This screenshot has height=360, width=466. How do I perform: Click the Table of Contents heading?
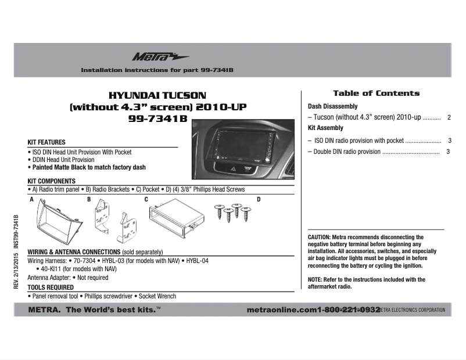376,93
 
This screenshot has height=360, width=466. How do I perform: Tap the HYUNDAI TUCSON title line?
157,95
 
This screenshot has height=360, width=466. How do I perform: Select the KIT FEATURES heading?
46,142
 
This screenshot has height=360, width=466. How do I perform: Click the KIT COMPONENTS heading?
52,181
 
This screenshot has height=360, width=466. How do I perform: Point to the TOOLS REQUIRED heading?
51,287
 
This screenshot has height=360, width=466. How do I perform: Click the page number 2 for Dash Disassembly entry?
449,117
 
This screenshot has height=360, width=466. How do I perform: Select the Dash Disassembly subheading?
332,107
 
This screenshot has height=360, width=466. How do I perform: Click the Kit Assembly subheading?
325,128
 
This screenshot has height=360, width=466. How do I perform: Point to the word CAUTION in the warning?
319,237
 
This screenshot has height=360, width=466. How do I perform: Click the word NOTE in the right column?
316,279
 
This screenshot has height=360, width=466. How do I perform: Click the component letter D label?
259,200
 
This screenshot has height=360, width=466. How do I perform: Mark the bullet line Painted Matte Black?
87,167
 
